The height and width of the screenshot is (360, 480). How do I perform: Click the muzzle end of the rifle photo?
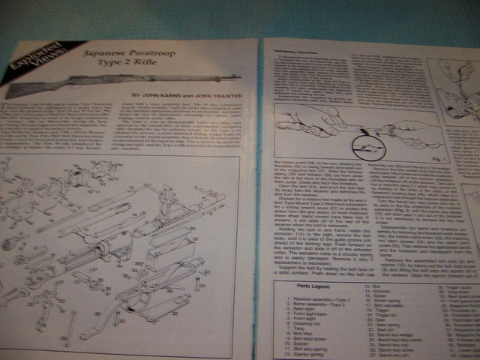tap(238, 76)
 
